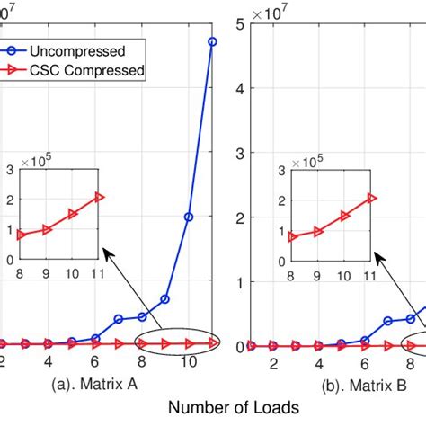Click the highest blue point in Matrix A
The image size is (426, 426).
[212, 41]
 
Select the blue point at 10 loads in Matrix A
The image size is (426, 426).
[189, 217]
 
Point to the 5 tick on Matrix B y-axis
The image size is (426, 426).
[240, 23]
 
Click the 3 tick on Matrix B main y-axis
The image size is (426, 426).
[240, 153]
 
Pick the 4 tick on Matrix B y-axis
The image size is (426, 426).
[240, 88]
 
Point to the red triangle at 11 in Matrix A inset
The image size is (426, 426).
[99, 197]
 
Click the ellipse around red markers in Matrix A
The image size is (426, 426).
[176, 342]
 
